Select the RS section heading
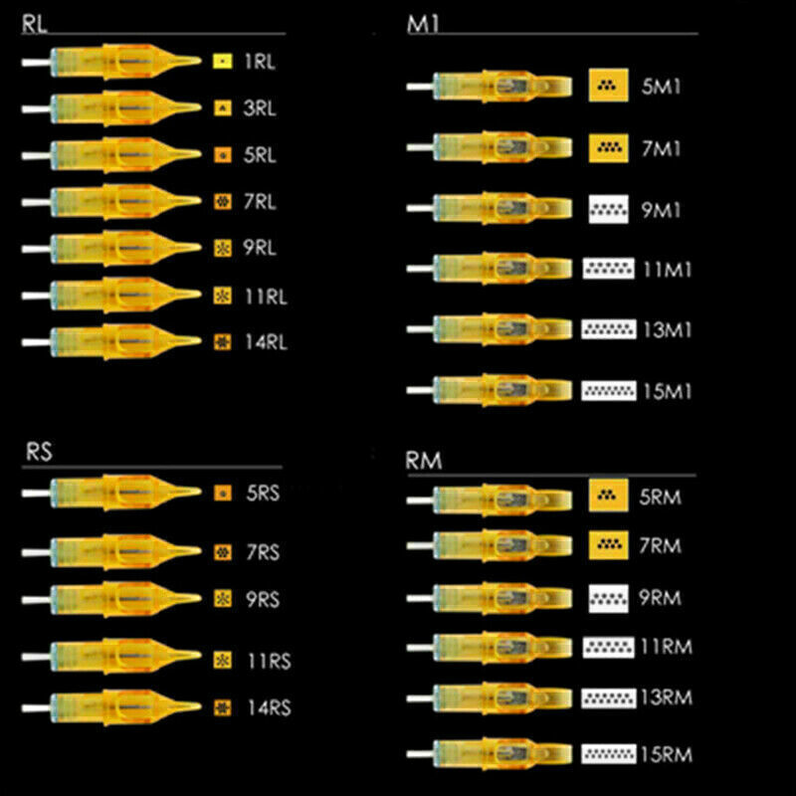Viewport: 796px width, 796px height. tap(38, 451)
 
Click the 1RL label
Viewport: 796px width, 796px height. tap(260, 62)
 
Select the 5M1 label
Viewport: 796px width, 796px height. tap(662, 88)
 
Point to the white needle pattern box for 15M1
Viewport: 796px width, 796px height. tap(608, 390)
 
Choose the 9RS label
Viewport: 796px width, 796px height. tap(262, 600)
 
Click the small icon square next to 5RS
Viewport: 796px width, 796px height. tap(222, 492)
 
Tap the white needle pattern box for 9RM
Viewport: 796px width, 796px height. tap(607, 597)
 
